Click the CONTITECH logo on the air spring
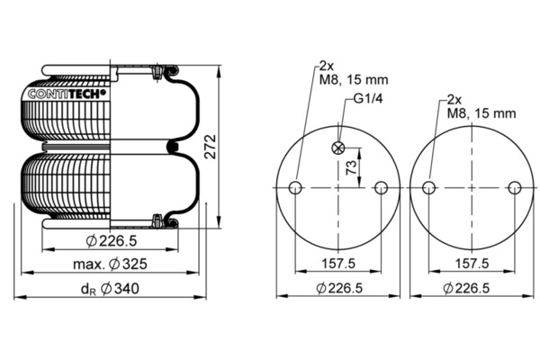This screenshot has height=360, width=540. (x=67, y=94)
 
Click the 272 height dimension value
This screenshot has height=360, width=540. (x=211, y=147)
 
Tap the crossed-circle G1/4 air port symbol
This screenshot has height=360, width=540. (x=338, y=148)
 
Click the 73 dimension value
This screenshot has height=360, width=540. (x=351, y=167)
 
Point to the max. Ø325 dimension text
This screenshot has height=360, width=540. (x=110, y=265)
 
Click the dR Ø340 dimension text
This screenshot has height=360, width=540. (x=110, y=289)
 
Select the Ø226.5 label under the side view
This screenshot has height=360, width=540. (x=112, y=241)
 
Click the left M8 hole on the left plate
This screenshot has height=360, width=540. (x=295, y=188)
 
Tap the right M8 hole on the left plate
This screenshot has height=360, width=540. (x=381, y=188)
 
